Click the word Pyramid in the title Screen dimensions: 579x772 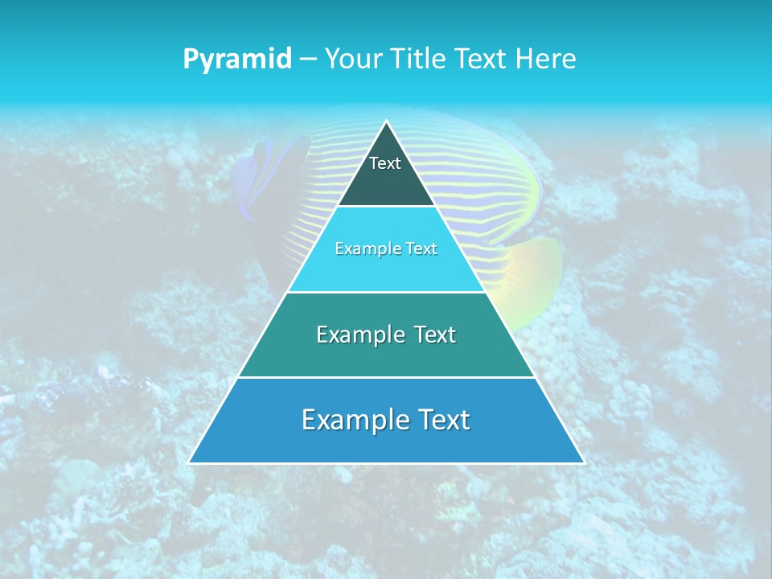(237, 60)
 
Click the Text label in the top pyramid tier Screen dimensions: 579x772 (385, 163)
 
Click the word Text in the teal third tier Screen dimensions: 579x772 (434, 335)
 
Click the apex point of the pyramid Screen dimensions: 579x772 (386, 122)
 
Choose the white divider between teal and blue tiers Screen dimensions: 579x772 (386, 377)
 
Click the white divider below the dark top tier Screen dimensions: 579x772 (386, 206)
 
